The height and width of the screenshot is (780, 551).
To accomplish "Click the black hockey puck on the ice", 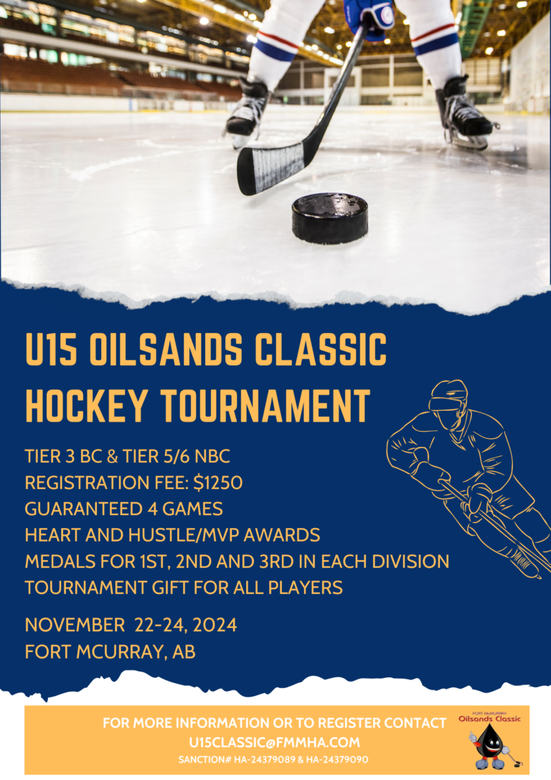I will [329, 218].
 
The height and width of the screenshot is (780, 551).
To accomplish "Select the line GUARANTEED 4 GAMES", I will [123, 509].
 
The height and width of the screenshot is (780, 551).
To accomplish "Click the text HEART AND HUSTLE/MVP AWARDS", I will [172, 535].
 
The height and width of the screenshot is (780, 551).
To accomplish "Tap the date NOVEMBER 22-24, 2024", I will [131, 625].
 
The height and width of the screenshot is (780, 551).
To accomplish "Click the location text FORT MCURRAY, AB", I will [110, 651].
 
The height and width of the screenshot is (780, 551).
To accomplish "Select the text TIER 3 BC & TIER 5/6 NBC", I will [127, 457].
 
